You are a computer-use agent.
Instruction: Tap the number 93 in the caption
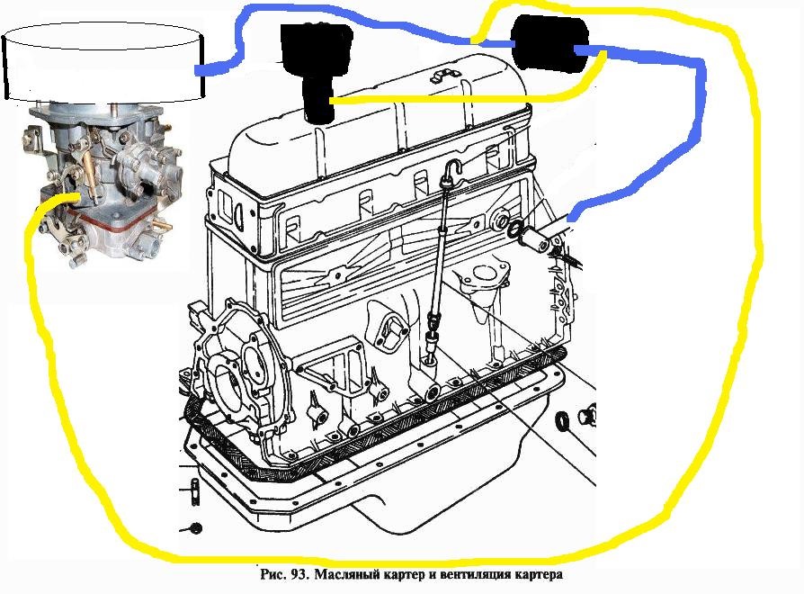(x=299, y=574)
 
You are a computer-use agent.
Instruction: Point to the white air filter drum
(x=103, y=60)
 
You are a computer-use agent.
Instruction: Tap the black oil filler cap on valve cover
(x=317, y=69)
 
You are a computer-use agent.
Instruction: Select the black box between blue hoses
(x=550, y=42)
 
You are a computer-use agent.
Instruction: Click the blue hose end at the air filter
(x=200, y=70)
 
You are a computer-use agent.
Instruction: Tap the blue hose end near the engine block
(x=572, y=217)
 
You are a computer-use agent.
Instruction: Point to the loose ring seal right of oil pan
(x=562, y=420)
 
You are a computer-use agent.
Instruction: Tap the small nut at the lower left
(x=195, y=528)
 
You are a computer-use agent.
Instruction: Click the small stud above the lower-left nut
(x=194, y=491)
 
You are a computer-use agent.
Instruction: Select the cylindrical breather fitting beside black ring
(x=535, y=238)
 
